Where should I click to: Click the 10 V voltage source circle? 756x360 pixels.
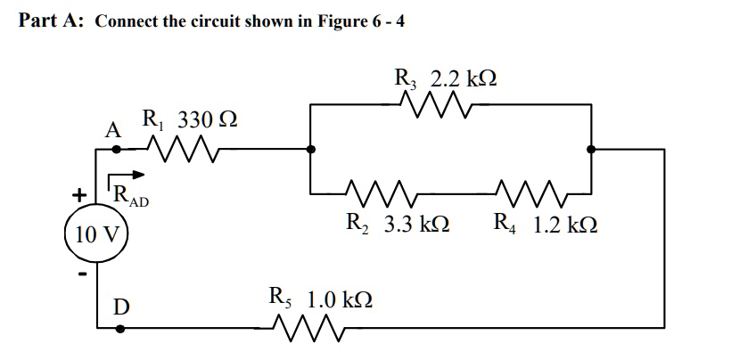point(97,235)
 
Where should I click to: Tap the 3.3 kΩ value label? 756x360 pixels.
point(415,224)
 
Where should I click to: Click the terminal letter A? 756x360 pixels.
point(112,130)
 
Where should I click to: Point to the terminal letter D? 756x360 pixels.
point(120,307)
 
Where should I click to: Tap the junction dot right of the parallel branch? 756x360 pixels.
point(591,150)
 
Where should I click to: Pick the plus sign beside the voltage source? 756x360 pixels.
point(80,193)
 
